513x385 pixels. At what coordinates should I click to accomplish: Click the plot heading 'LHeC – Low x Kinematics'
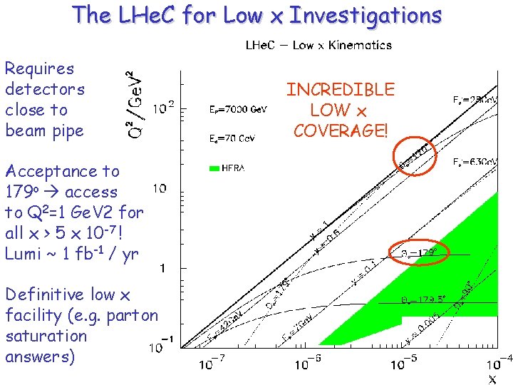(318, 46)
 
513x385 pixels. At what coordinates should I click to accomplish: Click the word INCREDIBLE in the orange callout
(340, 89)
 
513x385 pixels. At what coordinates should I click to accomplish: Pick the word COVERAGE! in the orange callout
(340, 130)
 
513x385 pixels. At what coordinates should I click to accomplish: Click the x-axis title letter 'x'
(492, 379)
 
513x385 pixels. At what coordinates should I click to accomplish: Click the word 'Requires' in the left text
(39, 69)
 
